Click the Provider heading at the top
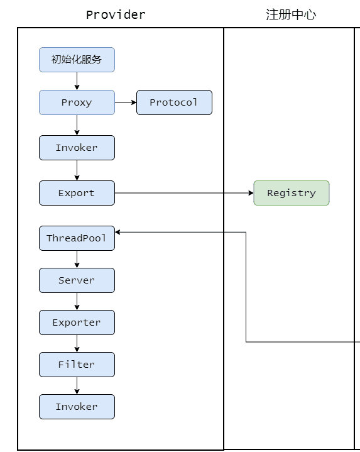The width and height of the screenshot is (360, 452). coord(116,14)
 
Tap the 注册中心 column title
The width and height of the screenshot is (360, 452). coord(291,14)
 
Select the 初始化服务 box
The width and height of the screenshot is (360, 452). coord(77,60)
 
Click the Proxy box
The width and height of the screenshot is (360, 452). coord(77,102)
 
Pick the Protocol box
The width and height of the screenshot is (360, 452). coord(174,102)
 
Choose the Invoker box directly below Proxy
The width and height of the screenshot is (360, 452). coord(77,148)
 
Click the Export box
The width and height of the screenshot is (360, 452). coord(77,193)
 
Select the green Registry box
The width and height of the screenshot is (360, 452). coord(292,193)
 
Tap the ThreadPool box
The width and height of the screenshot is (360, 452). coord(77,238)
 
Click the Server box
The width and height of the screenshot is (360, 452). coord(77,280)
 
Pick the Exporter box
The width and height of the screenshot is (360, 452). coord(77,322)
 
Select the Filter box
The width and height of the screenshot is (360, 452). coord(77,365)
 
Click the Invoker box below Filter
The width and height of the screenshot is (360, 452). coord(77,407)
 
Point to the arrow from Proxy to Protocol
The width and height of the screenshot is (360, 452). coord(126,102)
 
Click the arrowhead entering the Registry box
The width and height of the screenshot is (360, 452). coord(251,193)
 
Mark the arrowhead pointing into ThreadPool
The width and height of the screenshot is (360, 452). coord(117,232)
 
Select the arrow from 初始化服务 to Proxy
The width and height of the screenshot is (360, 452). coord(77,81)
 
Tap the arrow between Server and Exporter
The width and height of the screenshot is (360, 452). coord(77,301)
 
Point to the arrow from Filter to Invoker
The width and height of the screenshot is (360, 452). coord(77,385)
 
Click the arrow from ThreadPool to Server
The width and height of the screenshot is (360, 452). coord(77,259)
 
